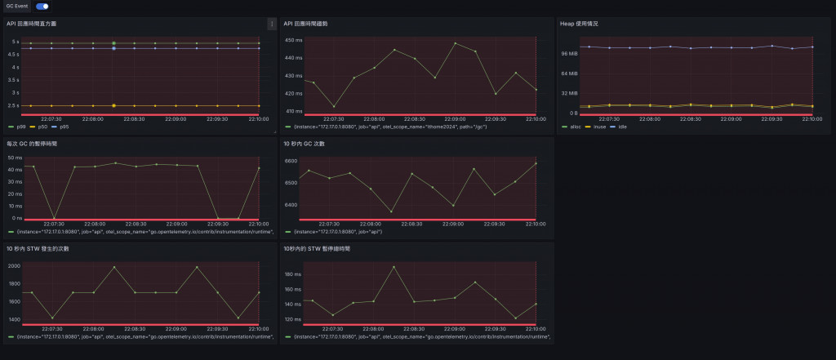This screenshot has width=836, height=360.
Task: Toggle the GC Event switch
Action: [x=42, y=7]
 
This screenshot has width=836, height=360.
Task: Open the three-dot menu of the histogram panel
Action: [x=272, y=24]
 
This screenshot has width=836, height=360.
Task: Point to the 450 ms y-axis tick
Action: [x=293, y=40]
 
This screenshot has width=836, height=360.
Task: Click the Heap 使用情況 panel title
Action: [x=579, y=24]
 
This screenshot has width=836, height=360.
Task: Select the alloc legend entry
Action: [x=574, y=127]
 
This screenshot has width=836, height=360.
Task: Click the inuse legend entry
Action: [x=597, y=127]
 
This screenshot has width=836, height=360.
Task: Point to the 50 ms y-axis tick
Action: [x=15, y=158]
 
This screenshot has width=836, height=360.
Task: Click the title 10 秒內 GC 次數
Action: [x=304, y=144]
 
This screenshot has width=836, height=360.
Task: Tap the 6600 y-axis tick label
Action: [x=291, y=162]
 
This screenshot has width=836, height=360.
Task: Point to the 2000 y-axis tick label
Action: [x=14, y=266]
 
